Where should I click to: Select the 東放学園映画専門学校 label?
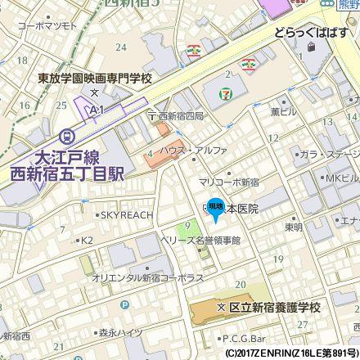click(96, 79)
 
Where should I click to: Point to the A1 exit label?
click(97, 109)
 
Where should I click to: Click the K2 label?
click(87, 241)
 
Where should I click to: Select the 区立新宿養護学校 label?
click(273, 307)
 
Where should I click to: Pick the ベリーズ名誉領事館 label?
click(203, 241)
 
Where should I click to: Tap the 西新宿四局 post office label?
click(180, 116)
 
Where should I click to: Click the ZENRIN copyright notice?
click(291, 353)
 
